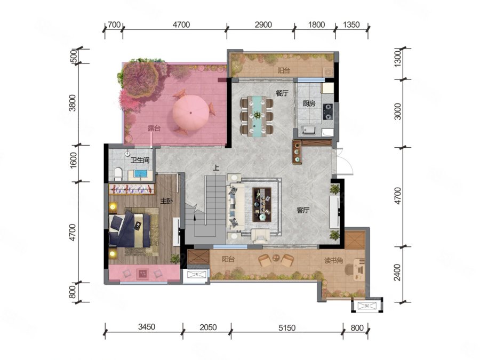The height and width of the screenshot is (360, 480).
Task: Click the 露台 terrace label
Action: [154, 128]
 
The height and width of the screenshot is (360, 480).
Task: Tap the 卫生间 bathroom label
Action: [140, 160]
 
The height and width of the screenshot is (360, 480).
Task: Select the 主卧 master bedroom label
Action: [167, 201]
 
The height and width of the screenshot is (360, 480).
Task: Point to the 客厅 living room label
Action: [303, 210]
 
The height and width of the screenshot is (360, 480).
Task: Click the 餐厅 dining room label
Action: [282, 93]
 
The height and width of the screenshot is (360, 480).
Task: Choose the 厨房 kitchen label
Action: [309, 103]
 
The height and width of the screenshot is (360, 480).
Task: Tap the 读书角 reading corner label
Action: [334, 260]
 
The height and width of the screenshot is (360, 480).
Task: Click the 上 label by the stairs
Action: [217, 168]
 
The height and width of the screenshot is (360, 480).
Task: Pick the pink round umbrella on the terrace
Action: [191, 113]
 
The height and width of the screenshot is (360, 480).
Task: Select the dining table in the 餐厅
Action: [257, 116]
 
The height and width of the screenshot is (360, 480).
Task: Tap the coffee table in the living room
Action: [262, 204]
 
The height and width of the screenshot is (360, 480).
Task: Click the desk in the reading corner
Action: [359, 269]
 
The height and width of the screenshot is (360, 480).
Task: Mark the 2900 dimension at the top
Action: [263, 25]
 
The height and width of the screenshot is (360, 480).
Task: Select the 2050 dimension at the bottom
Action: [208, 327]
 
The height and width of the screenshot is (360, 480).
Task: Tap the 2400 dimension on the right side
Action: [397, 273]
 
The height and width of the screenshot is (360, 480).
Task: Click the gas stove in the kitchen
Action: [328, 112]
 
